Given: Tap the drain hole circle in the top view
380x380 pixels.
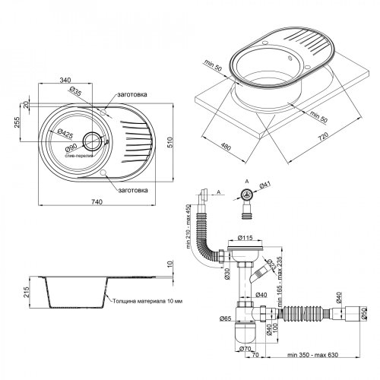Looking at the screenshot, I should tap(92, 140).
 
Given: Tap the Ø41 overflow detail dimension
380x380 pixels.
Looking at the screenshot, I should tap(265, 184).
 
